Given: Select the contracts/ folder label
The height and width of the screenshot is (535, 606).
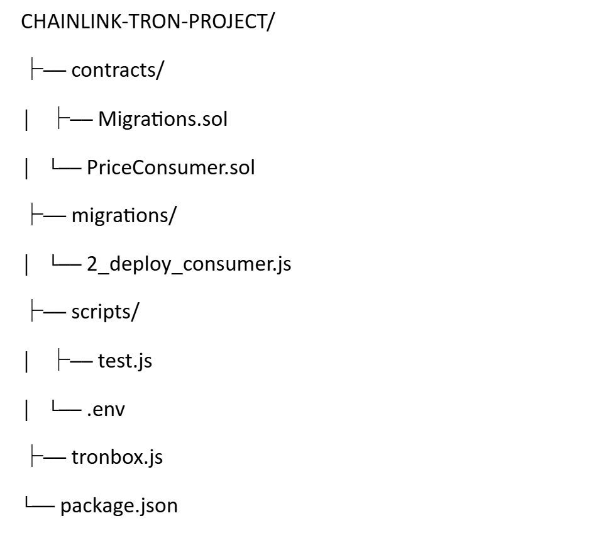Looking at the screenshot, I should (118, 70).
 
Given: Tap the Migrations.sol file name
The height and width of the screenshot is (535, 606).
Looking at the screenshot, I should (162, 119).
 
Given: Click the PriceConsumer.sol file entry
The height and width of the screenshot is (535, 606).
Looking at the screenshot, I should (171, 167).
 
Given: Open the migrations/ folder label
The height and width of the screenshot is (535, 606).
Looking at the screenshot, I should (124, 216).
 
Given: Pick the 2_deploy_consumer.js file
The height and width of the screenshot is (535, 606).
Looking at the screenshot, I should (189, 264).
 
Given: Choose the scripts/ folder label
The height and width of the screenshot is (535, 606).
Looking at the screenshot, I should (104, 313).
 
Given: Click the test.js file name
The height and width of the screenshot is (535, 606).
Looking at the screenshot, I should (124, 361).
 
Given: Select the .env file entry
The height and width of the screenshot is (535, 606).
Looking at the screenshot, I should (106, 410).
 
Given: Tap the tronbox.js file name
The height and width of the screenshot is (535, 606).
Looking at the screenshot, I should (117, 458).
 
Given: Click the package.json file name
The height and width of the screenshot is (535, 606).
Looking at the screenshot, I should (119, 506).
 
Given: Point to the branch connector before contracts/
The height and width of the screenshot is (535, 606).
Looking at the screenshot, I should (47, 70).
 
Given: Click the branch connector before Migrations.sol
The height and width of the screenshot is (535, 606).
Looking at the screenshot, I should (73, 119).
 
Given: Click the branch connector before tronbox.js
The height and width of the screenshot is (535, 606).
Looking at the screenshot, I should (47, 458).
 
